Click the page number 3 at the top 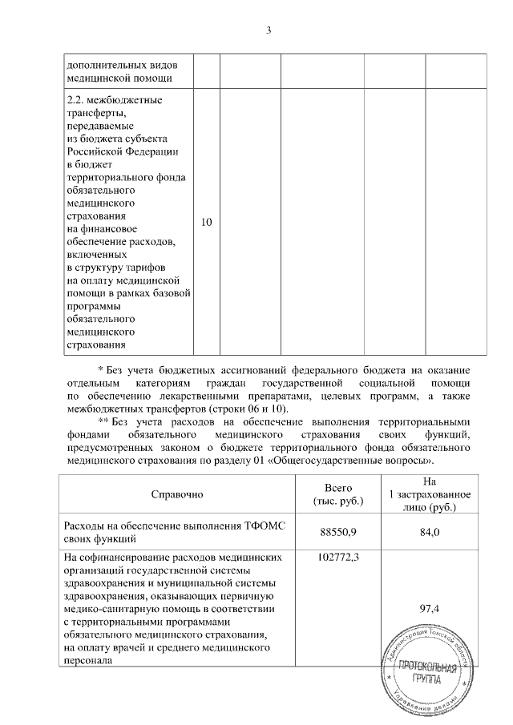(269, 30)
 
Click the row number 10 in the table (207, 222)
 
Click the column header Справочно (177, 494)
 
